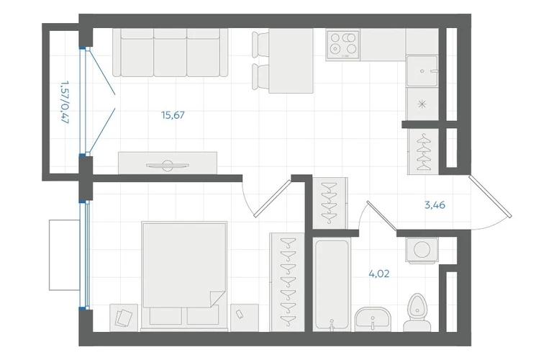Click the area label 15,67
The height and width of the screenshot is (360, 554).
pos(173,115)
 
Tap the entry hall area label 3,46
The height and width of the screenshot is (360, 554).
pos(435,204)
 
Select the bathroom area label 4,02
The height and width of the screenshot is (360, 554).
pos(379,274)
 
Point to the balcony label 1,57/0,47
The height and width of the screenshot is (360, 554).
pos(64,102)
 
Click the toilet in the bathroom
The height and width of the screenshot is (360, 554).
pos(417,312)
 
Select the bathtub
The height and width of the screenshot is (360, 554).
pos(332,284)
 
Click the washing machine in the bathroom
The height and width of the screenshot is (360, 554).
pos(422,250)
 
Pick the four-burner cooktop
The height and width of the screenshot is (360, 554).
pos(342,45)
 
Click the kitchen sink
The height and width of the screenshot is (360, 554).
pos(422,71)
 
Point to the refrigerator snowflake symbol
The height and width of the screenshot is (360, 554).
pos(422,104)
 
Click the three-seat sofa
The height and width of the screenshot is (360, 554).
pos(171,53)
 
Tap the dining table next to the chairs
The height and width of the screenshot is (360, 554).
pos(291,60)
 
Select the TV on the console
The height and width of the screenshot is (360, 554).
pos(168,165)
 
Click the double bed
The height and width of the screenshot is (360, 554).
pos(183,276)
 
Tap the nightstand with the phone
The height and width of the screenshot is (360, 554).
pos(244,318)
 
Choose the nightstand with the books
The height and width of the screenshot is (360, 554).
pos(124,318)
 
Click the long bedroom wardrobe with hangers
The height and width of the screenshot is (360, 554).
pos(287,282)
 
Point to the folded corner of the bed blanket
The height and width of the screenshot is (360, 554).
pos(217,299)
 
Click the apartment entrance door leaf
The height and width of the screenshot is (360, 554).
pos(490,195)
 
